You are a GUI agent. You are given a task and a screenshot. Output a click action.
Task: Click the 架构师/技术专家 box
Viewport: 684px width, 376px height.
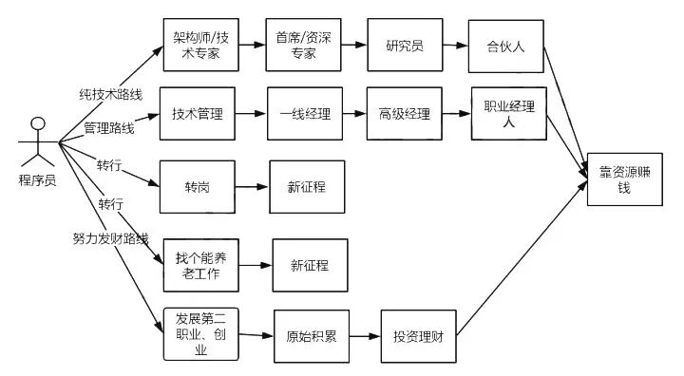(200, 45)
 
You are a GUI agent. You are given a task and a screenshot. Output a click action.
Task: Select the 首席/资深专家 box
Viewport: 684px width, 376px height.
(303, 45)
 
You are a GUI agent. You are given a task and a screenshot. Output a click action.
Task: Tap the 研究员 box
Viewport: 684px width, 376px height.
(405, 45)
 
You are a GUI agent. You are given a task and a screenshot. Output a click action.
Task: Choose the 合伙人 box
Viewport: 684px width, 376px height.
(506, 47)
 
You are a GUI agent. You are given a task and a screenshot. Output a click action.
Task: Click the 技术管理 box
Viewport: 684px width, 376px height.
(198, 113)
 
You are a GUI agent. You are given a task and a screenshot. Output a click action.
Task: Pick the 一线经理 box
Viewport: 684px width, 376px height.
(305, 113)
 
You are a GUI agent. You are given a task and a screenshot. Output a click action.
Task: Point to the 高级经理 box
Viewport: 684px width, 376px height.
(405, 113)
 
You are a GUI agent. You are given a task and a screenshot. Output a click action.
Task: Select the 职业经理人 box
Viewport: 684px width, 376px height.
(509, 113)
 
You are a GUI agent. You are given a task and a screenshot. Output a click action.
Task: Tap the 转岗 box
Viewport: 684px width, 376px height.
(198, 187)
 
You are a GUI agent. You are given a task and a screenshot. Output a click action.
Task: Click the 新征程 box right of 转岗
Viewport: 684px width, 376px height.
(307, 187)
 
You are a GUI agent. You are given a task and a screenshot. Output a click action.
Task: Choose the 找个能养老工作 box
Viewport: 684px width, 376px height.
(201, 265)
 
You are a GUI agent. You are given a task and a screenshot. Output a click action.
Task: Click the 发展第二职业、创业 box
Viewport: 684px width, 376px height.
(201, 334)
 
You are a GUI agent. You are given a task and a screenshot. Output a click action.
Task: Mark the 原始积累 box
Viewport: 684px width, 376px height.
(312, 336)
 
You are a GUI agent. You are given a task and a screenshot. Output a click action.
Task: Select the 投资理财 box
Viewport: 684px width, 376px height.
(419, 336)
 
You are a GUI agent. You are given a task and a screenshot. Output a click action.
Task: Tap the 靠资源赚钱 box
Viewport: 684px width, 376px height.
(625, 179)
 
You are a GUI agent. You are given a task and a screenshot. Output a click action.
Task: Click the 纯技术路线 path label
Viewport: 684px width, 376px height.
(111, 94)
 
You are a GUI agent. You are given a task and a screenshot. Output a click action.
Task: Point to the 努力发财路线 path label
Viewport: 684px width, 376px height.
(111, 238)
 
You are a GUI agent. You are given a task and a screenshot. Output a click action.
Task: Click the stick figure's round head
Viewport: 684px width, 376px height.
(38, 123)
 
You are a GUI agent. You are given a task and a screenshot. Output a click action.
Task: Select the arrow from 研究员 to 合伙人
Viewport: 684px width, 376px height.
(456, 45)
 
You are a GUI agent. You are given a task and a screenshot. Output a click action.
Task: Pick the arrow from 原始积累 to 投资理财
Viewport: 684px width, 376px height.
(365, 336)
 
